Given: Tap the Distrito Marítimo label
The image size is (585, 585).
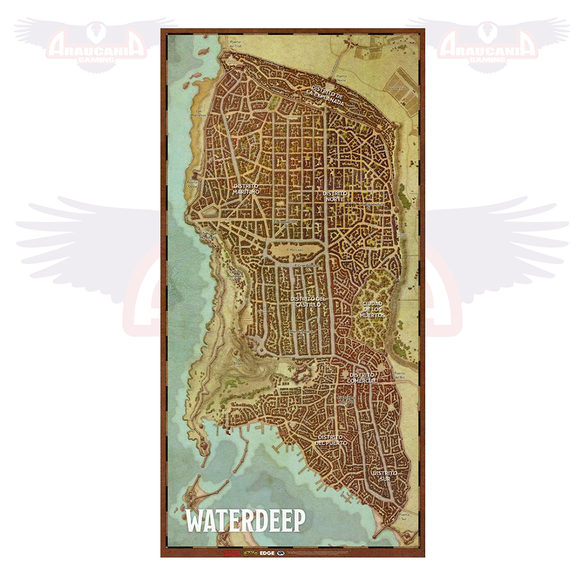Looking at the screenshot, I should point(245,190).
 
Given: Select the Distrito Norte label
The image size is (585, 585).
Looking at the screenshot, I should point(335,196).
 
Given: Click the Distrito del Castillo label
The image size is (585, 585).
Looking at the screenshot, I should point(308,302).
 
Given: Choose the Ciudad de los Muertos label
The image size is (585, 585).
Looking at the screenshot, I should point(373,309).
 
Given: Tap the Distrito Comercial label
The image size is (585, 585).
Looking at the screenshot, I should point(363,378).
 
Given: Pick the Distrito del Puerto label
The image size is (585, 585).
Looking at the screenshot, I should point(332,440).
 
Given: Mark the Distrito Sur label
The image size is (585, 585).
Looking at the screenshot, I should point(385,476).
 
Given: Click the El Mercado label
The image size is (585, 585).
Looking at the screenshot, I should point(296,250).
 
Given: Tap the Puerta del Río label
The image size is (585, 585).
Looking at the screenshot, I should point(400,375).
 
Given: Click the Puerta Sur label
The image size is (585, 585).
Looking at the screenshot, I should point(401,516).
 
